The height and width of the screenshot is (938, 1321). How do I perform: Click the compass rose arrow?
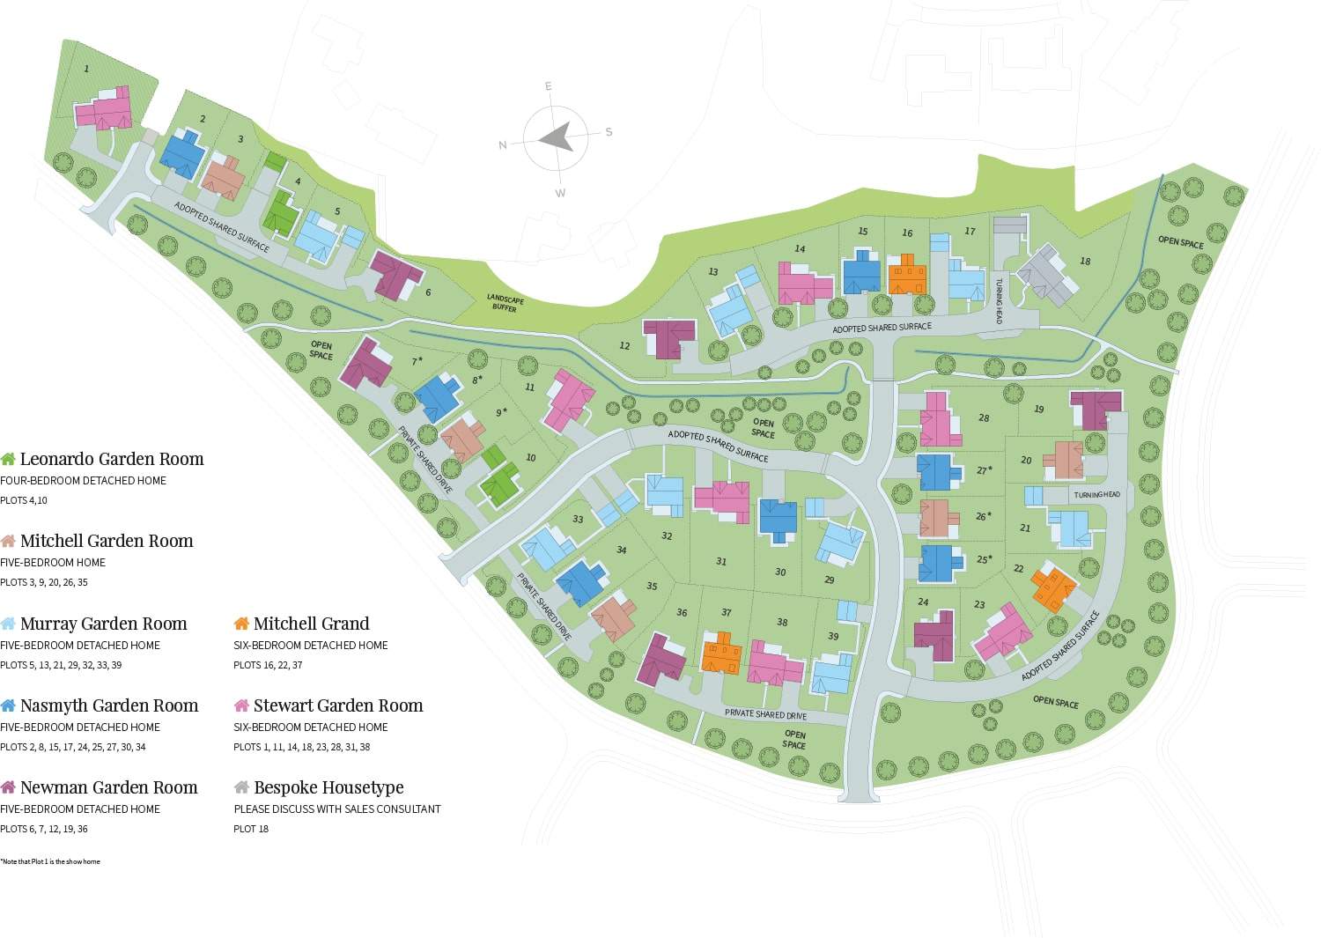point(556,137)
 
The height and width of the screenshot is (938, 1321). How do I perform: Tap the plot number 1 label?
point(86,69)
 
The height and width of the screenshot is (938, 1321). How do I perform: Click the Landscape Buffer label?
point(505,303)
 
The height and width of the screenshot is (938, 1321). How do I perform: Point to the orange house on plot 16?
point(906,275)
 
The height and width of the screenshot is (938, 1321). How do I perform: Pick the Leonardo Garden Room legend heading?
point(111,459)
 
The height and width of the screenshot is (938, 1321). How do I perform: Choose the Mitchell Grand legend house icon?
point(241,624)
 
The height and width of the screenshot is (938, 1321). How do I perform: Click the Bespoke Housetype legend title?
point(328,787)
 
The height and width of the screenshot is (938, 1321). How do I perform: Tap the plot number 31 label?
point(721,561)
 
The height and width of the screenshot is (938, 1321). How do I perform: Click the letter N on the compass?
point(503,145)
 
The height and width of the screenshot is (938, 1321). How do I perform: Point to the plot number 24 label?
point(923,602)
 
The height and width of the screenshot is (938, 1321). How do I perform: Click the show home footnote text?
point(50,861)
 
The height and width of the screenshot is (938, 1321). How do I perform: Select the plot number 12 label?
point(624,346)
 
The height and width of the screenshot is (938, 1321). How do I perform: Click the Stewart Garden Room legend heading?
point(337,705)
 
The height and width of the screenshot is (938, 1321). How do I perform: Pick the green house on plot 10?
point(500,483)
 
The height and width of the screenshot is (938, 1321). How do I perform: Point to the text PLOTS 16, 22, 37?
point(268,665)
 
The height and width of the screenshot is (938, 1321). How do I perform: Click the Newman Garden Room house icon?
point(8,787)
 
